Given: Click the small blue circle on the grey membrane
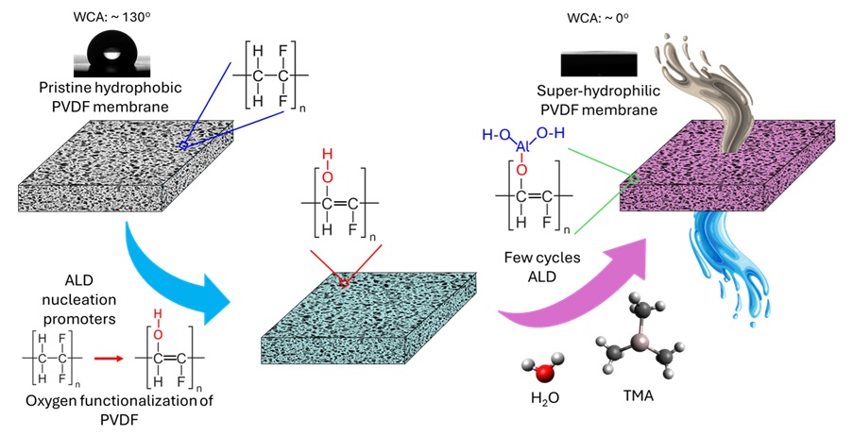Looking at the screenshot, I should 184,146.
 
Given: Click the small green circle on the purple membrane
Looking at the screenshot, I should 636,177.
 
